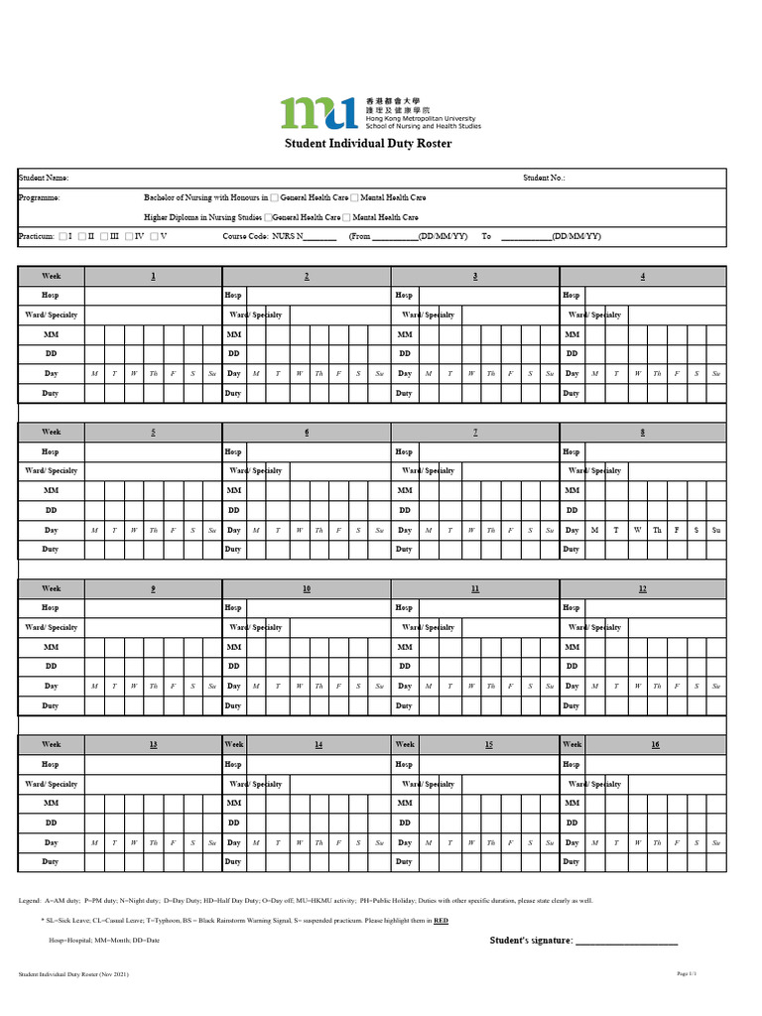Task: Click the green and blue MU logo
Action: [318, 113]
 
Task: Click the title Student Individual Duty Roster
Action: [368, 144]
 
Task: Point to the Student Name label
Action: [44, 178]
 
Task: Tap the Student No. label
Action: [544, 178]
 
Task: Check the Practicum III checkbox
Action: [104, 236]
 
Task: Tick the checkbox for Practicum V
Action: [154, 236]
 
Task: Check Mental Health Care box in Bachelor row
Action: [354, 197]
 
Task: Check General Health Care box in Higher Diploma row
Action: [268, 217]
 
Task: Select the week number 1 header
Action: [153, 276]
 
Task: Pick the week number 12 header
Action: [643, 589]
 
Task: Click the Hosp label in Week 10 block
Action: [233, 608]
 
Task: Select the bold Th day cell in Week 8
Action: [657, 530]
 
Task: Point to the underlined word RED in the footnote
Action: [441, 921]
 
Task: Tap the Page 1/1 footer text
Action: [687, 974]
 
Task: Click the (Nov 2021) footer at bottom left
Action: [112, 975]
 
